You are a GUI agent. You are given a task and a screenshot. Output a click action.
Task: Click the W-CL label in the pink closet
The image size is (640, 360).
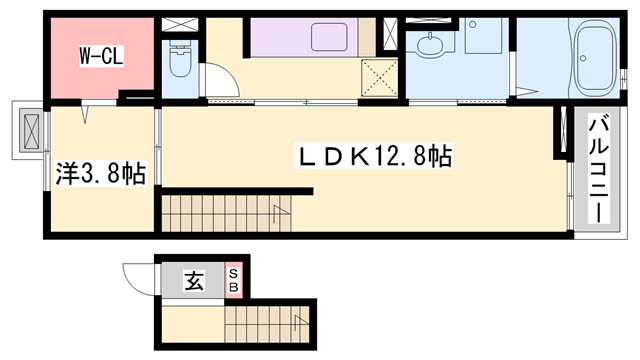pyautogui.click(x=101, y=56)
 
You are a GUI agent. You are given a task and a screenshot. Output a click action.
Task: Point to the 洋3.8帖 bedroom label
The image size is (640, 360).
pyautogui.click(x=101, y=174)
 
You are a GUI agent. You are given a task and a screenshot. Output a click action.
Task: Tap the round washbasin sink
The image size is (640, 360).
pyautogui.click(x=433, y=46)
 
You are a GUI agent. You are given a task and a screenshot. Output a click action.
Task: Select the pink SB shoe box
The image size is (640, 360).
pyautogui.click(x=234, y=281)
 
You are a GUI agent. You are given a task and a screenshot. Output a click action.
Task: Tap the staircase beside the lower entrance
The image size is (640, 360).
pyautogui.click(x=266, y=324)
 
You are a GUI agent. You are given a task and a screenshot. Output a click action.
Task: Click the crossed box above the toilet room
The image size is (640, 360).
pyautogui.click(x=180, y=23)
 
